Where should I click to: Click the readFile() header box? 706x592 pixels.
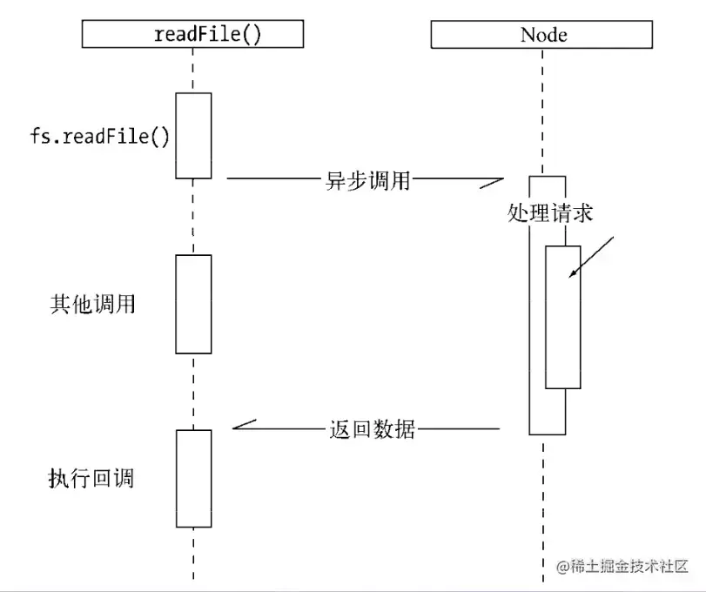(192, 35)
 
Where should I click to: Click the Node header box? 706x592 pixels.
(543, 35)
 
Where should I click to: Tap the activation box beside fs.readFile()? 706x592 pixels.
(193, 135)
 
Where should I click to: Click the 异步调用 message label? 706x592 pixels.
(364, 182)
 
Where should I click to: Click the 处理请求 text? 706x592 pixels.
(549, 212)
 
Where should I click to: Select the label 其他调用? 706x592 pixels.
(92, 304)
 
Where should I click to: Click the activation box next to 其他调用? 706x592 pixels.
(193, 304)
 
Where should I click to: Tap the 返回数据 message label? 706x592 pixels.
(372, 429)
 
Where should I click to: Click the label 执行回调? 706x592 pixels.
(91, 478)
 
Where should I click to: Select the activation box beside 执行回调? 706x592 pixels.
(193, 478)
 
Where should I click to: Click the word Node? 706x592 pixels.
(543, 35)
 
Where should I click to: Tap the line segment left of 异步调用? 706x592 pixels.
(270, 180)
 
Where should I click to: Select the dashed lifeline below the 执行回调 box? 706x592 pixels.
(193, 553)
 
